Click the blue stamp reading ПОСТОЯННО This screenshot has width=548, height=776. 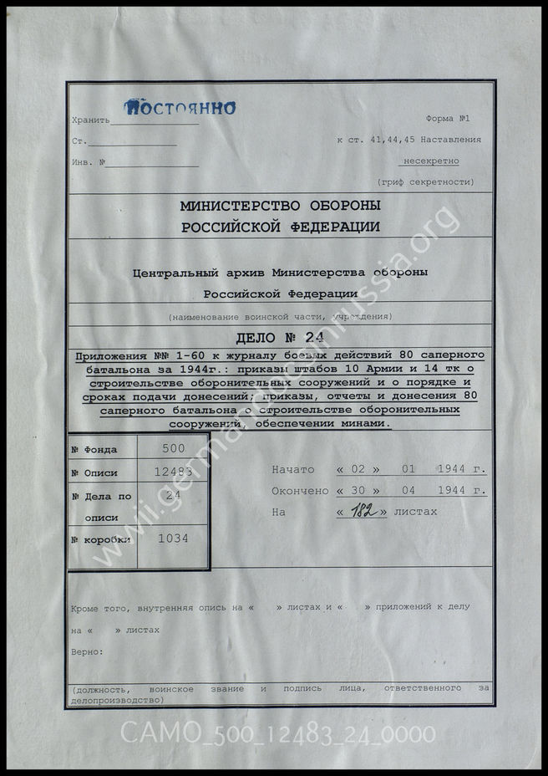pos(180,107)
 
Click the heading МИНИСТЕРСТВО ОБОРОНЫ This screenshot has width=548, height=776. pos(281,206)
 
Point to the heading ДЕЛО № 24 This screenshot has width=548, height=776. pos(281,339)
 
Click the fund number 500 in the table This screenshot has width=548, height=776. pos(171,448)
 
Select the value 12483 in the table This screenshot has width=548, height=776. pos(173,472)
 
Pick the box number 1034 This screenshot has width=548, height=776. pos(173,539)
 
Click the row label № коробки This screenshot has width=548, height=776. pos(101,539)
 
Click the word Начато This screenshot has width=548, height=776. pos(292,469)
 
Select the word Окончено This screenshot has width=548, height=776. pos(300,491)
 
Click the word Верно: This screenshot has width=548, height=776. pos(88,651)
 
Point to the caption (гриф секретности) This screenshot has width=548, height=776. pos(425,181)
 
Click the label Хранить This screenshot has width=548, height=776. pos(91,120)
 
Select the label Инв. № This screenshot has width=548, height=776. pos(89,162)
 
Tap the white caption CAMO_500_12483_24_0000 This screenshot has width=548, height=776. pos(277,733)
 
